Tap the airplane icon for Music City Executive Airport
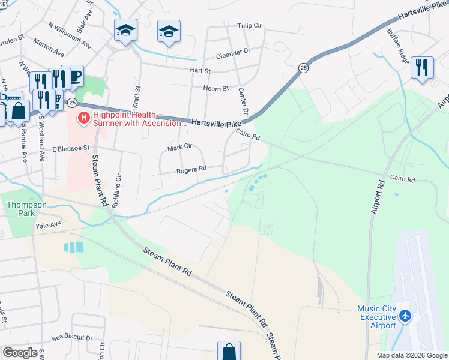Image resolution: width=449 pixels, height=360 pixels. coord(405,316)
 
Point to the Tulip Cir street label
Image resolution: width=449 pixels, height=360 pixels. coord(250,26)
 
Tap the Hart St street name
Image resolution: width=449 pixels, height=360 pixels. coord(200,71)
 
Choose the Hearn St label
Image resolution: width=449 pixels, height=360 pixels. coord(216,88)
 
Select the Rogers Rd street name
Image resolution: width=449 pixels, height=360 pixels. coord(191,170)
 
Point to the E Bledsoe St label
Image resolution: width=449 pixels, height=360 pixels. coord(70,148)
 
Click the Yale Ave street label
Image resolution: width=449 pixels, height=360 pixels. coord(49,225)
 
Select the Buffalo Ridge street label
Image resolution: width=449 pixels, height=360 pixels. coord(398,47)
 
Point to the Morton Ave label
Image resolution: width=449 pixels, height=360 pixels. coord(49,44)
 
